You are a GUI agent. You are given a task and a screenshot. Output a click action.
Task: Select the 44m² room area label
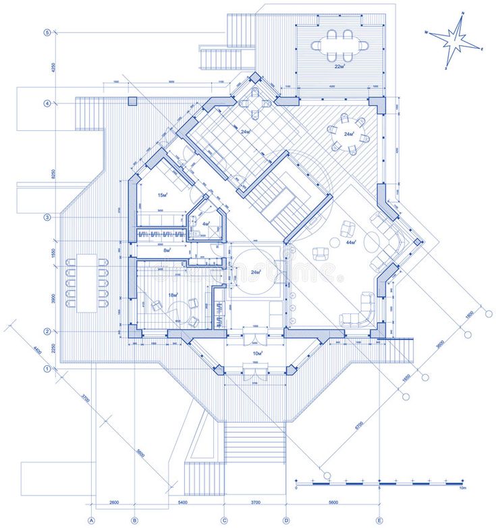pyautogui.click(x=352, y=242)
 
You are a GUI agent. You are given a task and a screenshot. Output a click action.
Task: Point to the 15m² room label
pyautogui.click(x=162, y=195)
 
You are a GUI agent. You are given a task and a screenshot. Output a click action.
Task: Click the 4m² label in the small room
pyautogui.click(x=206, y=223)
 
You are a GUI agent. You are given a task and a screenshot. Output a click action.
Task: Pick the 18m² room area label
pyautogui.click(x=173, y=296)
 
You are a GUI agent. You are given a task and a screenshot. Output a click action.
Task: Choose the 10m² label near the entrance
pyautogui.click(x=256, y=353)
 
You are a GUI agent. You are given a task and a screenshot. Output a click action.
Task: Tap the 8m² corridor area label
pyautogui.click(x=167, y=250)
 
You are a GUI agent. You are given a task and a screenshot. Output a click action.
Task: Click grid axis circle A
pyautogui.click(x=90, y=520)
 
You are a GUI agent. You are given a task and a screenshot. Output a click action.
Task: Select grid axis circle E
pyautogui.click(x=380, y=520)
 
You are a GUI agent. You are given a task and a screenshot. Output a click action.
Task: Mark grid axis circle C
pyautogui.click(x=224, y=520)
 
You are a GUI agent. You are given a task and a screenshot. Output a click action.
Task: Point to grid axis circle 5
pyautogui.click(x=47, y=32)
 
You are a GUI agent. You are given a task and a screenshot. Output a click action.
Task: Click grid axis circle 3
pyautogui.click(x=47, y=217)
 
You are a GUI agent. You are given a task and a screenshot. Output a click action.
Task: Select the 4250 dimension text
pyautogui.click(x=52, y=68)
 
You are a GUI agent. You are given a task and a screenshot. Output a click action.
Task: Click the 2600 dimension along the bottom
pyautogui.click(x=113, y=503)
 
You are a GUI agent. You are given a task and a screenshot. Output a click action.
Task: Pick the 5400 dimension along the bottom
pyautogui.click(x=182, y=503)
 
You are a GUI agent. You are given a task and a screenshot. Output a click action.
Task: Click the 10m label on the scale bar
pyautogui.click(x=462, y=488)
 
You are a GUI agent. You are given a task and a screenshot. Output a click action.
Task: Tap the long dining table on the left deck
pyautogui.click(x=87, y=282)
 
